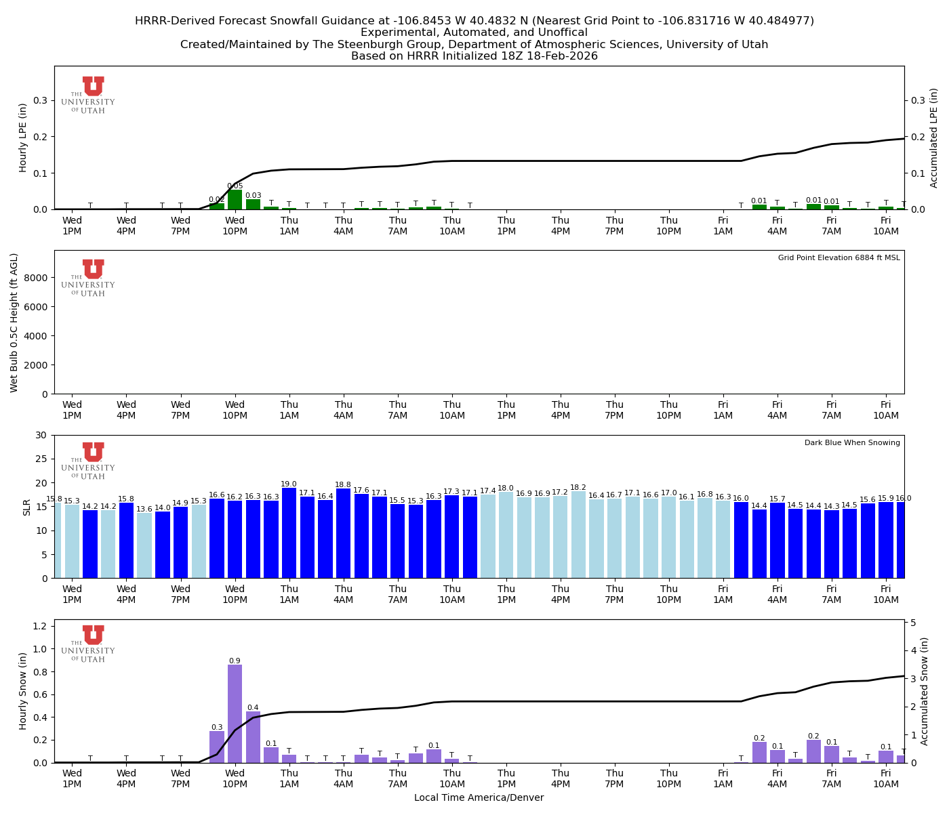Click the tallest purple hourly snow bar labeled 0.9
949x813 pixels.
pos(235,713)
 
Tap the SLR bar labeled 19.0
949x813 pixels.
pos(289,533)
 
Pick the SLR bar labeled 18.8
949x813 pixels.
pos(343,534)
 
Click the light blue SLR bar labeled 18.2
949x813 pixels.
pos(578,535)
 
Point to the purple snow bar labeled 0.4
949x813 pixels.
pos(253,737)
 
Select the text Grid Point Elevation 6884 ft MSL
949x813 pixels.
pos(839,258)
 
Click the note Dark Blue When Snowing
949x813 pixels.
pos(852,443)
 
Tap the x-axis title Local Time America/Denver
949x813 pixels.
pos(479,798)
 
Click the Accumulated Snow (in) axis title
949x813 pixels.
pos(924,691)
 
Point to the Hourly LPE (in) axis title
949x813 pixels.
pos(23,138)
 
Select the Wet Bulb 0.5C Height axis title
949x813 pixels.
pos(14,322)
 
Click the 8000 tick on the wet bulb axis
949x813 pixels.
pos(39,278)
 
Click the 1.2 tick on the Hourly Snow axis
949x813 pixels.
pos(40,625)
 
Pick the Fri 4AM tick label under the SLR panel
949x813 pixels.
pos(777,594)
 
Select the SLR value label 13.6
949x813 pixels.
pos(144,509)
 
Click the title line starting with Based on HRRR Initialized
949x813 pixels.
pos(474,56)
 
